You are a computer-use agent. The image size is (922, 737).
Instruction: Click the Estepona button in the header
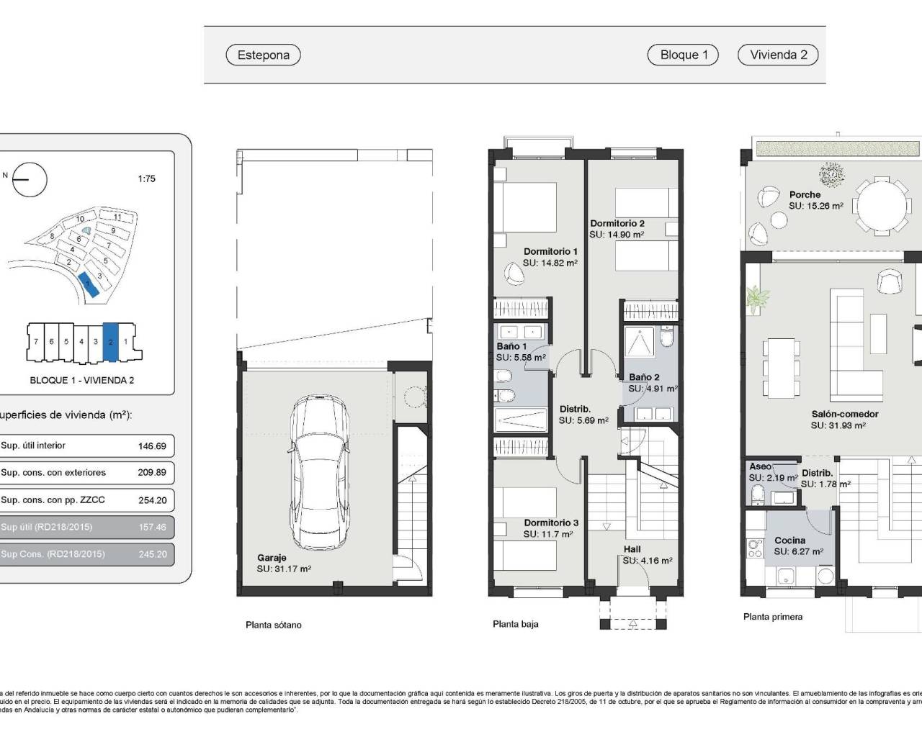click(263, 55)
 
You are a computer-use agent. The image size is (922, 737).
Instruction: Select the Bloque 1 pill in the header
click(684, 55)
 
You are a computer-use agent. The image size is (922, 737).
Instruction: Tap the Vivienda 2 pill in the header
click(778, 55)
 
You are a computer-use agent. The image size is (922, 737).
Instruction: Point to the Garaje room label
click(272, 558)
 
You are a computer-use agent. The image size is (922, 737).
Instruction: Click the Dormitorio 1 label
click(550, 252)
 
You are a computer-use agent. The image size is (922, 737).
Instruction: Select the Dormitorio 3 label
click(551, 523)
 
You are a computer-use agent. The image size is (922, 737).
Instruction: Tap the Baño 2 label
click(644, 377)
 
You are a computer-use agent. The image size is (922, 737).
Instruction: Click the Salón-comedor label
click(844, 415)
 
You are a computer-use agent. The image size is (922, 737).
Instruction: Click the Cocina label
click(789, 541)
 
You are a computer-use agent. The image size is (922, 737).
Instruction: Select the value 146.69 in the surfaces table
click(152, 446)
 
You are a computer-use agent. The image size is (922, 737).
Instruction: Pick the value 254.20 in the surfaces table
click(152, 500)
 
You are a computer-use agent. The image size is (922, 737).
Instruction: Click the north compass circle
click(30, 179)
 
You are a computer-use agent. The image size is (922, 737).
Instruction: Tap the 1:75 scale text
click(146, 178)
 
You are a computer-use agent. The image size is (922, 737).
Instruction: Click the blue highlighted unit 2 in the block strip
click(110, 342)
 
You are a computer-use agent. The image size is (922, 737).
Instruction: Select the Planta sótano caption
click(273, 625)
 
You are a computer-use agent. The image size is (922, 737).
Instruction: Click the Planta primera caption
click(772, 617)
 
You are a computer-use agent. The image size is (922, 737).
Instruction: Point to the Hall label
click(632, 549)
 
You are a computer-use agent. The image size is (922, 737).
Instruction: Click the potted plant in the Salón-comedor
click(758, 298)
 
